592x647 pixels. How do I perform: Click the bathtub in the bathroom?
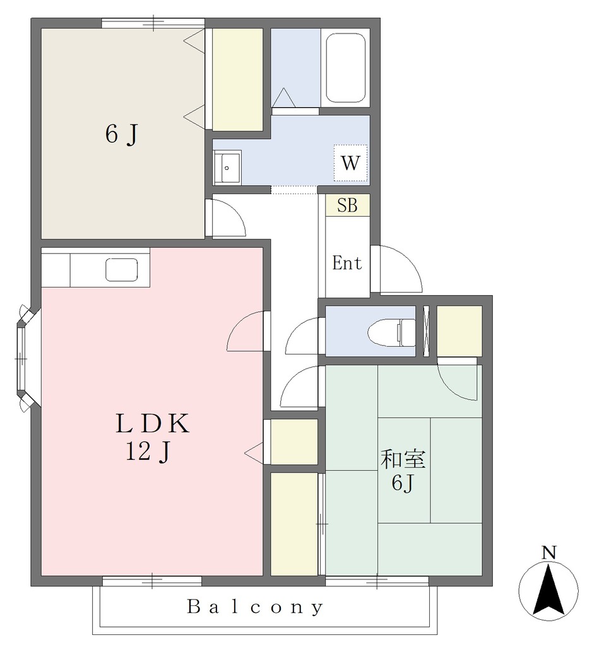click(345, 68)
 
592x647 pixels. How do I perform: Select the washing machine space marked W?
click(350, 163)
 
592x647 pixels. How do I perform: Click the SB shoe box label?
click(347, 205)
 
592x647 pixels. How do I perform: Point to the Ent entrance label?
click(347, 263)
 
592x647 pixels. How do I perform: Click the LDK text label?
click(153, 423)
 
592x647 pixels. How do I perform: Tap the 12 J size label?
click(148, 451)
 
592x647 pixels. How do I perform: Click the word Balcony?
click(255, 607)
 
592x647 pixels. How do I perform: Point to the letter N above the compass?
click(548, 552)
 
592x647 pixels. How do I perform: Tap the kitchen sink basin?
click(122, 270)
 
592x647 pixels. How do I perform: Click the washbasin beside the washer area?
click(227, 167)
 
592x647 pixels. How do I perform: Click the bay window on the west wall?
click(25, 358)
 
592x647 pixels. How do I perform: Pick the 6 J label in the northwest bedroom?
click(121, 134)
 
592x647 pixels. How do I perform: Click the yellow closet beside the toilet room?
click(459, 330)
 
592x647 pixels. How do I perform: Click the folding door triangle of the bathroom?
click(283, 97)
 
